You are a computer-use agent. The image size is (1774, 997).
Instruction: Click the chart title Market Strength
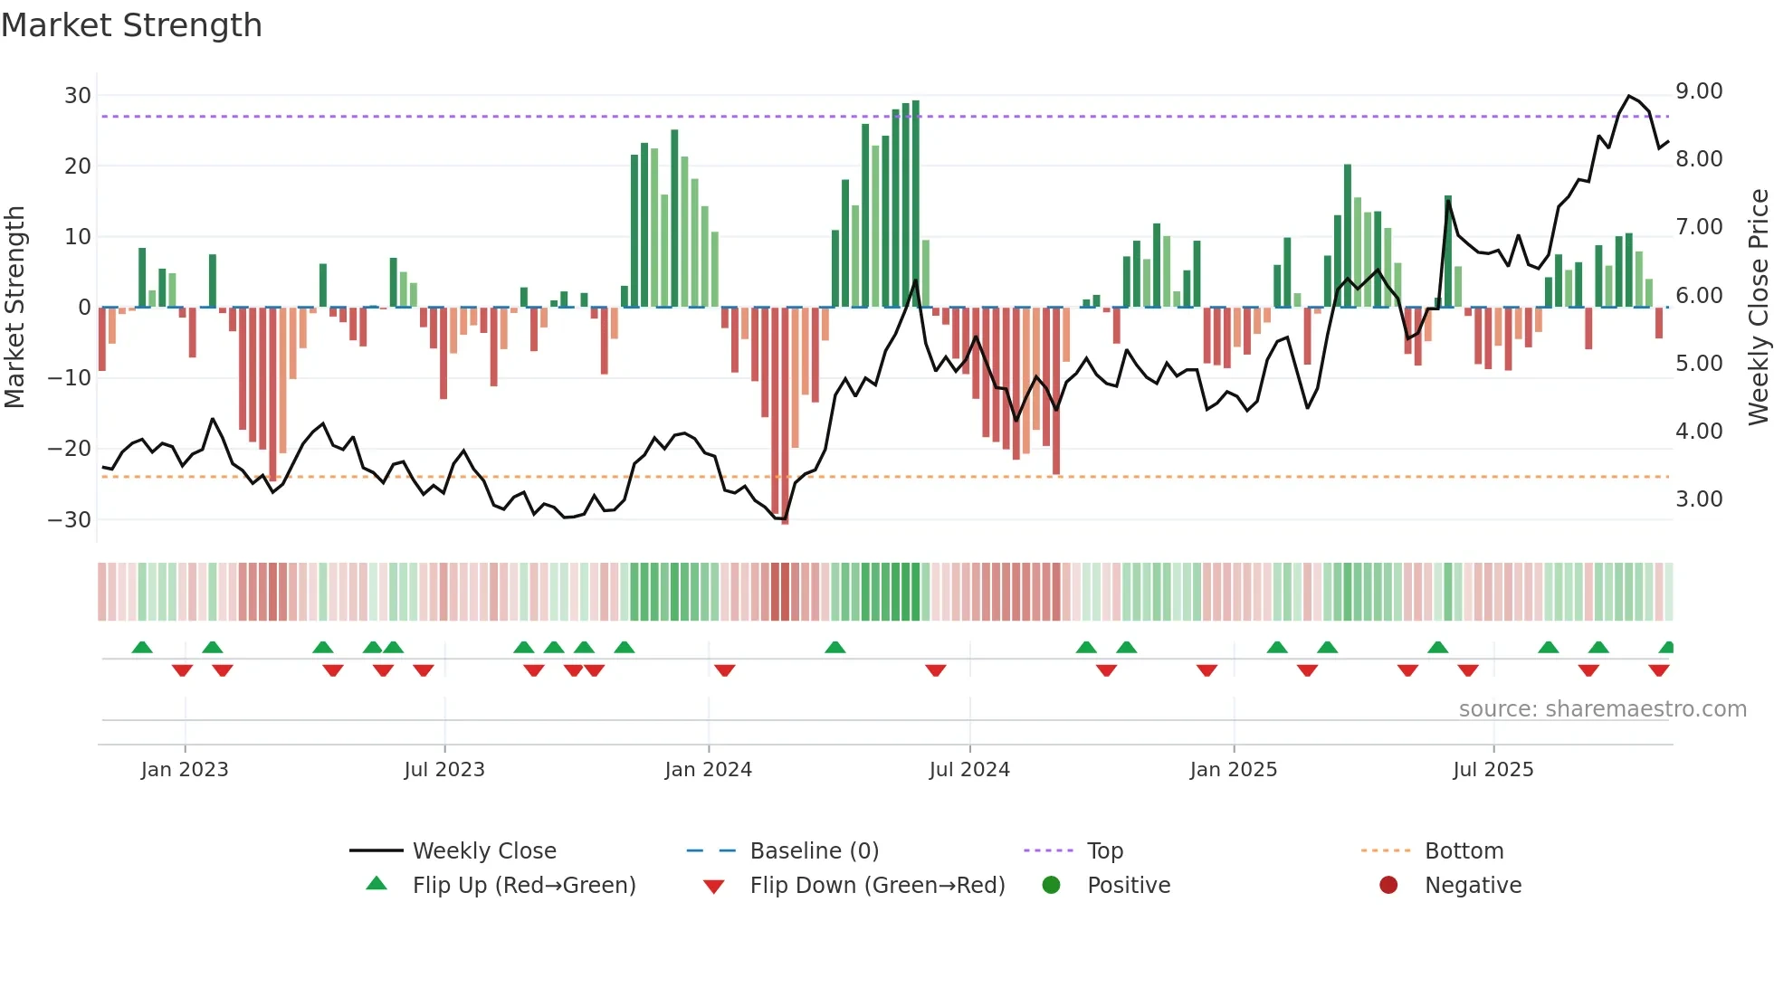[131, 25]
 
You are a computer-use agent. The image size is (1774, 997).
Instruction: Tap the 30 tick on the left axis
[78, 96]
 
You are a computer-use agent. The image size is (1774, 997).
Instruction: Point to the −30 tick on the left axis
[70, 520]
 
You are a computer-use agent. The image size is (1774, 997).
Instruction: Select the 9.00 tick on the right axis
[1699, 91]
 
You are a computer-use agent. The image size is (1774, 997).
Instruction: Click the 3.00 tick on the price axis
[1699, 499]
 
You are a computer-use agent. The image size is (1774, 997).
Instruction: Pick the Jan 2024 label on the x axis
[708, 770]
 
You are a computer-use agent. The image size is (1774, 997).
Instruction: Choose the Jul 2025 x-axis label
[1493, 770]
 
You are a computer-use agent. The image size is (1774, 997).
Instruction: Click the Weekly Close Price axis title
[1758, 308]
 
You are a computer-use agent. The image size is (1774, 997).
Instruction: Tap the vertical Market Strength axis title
[14, 308]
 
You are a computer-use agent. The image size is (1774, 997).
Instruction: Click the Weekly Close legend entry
[484, 851]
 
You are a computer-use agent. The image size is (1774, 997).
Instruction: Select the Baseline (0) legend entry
[814, 851]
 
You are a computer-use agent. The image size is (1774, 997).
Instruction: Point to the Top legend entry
[1104, 851]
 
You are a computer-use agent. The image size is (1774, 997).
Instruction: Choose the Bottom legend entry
[1464, 851]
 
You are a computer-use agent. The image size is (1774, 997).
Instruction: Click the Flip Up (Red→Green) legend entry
[523, 886]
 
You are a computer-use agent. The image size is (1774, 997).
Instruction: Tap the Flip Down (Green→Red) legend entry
[877, 886]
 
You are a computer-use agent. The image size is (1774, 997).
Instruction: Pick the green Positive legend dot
[1051, 885]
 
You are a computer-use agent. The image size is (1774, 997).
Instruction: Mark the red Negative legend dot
[1388, 885]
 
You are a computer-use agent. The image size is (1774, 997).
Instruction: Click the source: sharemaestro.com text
[1602, 709]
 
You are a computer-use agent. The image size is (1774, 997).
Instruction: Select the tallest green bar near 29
[916, 204]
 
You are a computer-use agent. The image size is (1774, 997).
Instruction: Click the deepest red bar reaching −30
[785, 416]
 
